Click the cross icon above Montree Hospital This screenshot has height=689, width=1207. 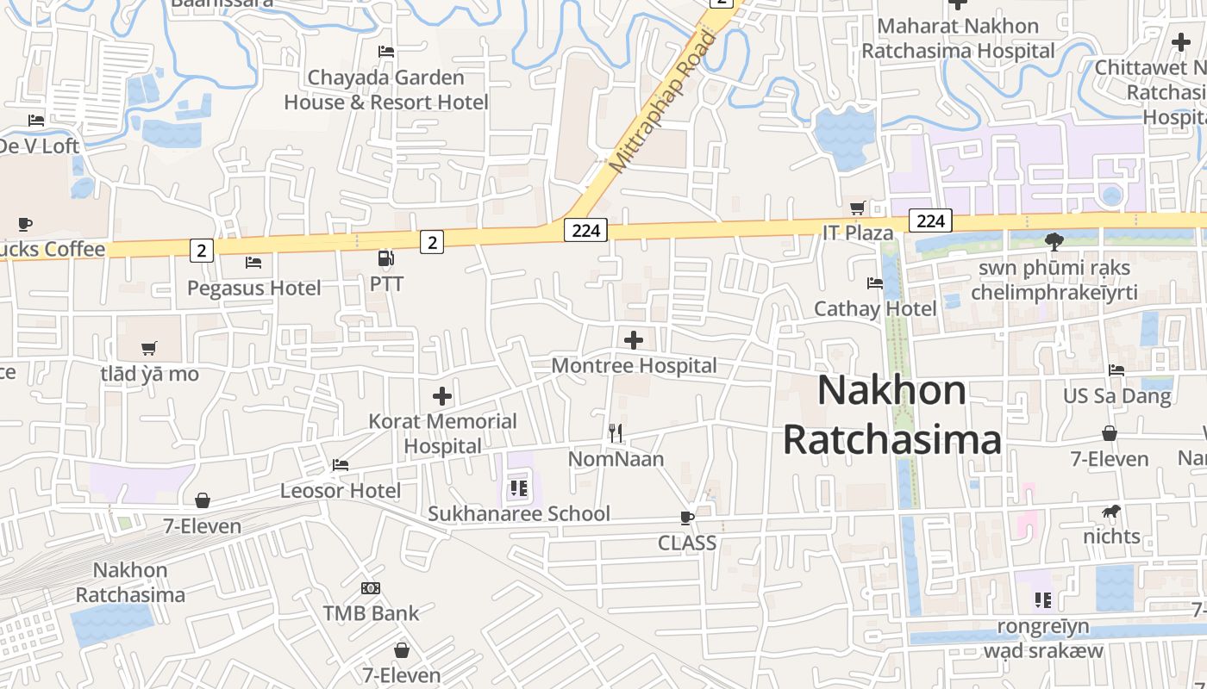click(634, 340)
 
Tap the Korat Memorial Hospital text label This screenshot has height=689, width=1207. click(443, 433)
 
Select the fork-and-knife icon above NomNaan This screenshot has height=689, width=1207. click(616, 433)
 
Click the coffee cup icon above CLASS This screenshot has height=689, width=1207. click(687, 518)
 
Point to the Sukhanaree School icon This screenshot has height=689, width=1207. click(518, 489)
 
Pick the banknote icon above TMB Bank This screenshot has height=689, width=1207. click(371, 588)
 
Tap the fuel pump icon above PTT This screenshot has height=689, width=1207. click(386, 258)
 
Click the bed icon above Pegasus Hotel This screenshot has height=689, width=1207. click(253, 262)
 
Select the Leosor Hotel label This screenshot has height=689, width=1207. click(341, 491)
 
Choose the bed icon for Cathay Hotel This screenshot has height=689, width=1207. click(875, 282)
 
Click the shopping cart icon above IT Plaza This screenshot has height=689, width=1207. click(857, 208)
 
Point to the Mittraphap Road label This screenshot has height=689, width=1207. click(662, 101)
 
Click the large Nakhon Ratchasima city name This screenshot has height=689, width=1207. click(892, 414)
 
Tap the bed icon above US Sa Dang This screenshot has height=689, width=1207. click(1116, 370)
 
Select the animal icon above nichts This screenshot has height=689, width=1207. click(1111, 512)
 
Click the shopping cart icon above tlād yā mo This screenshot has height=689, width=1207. click(149, 349)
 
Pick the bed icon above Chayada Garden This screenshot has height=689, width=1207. click(386, 52)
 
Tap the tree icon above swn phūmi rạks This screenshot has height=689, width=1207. click(1054, 241)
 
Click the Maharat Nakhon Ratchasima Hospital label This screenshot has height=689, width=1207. click(958, 38)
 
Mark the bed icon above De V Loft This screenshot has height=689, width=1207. click(35, 121)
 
